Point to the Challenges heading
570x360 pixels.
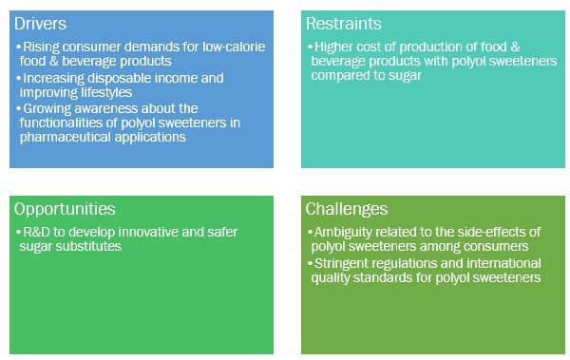coord(346,209)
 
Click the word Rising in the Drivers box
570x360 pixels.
coord(39,47)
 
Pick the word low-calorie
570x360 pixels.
coord(236,47)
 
